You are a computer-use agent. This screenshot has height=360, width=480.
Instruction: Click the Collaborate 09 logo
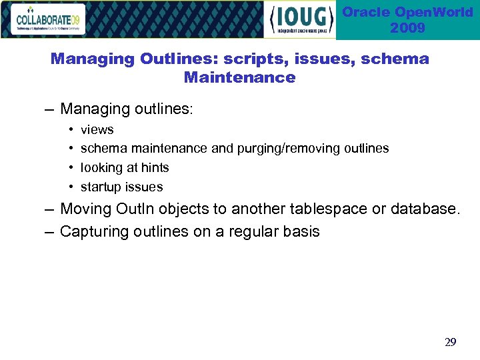pos(49,19)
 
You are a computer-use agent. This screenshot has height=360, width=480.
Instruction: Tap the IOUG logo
pos(299,20)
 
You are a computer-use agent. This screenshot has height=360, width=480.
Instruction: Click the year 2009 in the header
pos(408,28)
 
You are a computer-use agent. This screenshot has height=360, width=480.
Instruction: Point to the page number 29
pos(450,343)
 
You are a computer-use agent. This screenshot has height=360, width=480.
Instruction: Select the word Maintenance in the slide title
pos(239,77)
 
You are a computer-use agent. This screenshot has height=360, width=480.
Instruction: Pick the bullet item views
pos(97,129)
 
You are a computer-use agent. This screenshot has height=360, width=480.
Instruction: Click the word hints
pos(155,167)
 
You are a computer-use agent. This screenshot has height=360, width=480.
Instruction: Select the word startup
pos(101,187)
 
